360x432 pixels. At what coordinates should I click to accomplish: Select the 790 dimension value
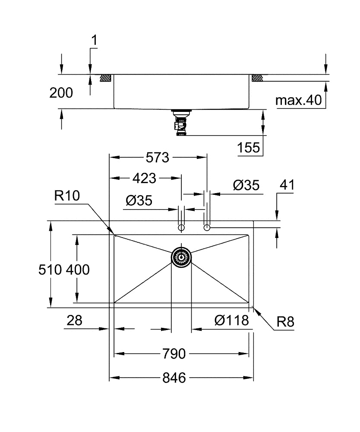click(174, 354)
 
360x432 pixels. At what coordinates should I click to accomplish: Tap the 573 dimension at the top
click(157, 158)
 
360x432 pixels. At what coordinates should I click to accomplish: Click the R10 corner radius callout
click(67, 196)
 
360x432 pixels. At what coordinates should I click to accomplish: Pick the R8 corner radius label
click(285, 322)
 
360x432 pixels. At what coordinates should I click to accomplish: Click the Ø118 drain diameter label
click(231, 321)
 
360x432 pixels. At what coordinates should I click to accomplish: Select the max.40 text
click(299, 101)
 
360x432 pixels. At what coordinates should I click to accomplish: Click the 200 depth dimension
click(61, 92)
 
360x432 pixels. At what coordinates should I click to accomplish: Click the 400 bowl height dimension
click(78, 270)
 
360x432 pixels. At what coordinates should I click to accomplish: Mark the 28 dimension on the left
click(75, 321)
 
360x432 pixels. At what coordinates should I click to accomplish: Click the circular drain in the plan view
click(181, 256)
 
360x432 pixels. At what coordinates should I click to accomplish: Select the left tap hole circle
click(181, 228)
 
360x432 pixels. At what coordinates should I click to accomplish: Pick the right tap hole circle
click(207, 227)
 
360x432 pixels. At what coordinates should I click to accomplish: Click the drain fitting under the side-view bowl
click(181, 123)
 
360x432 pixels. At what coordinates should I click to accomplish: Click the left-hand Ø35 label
click(139, 200)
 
